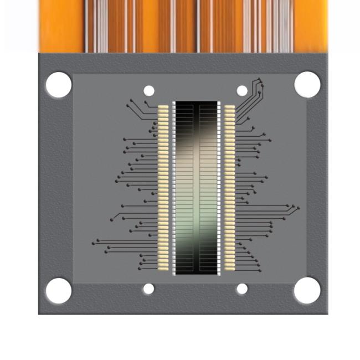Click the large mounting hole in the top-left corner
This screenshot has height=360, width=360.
[x=58, y=85]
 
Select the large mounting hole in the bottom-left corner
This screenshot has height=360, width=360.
[x=58, y=290]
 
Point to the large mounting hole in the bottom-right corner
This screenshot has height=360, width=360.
[x=307, y=290]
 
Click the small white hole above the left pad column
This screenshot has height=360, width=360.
[x=149, y=91]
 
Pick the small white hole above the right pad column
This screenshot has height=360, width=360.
[x=242, y=91]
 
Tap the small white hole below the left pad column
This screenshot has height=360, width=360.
[x=148, y=289]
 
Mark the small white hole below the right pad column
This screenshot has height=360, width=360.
[x=242, y=289]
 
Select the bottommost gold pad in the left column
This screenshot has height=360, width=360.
[x=163, y=268]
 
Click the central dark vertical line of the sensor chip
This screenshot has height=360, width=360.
[x=197, y=188]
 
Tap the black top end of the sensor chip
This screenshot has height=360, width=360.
[x=197, y=111]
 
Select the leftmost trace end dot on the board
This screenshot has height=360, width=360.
[x=93, y=243]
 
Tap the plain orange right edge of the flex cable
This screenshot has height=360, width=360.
[x=310, y=25]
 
